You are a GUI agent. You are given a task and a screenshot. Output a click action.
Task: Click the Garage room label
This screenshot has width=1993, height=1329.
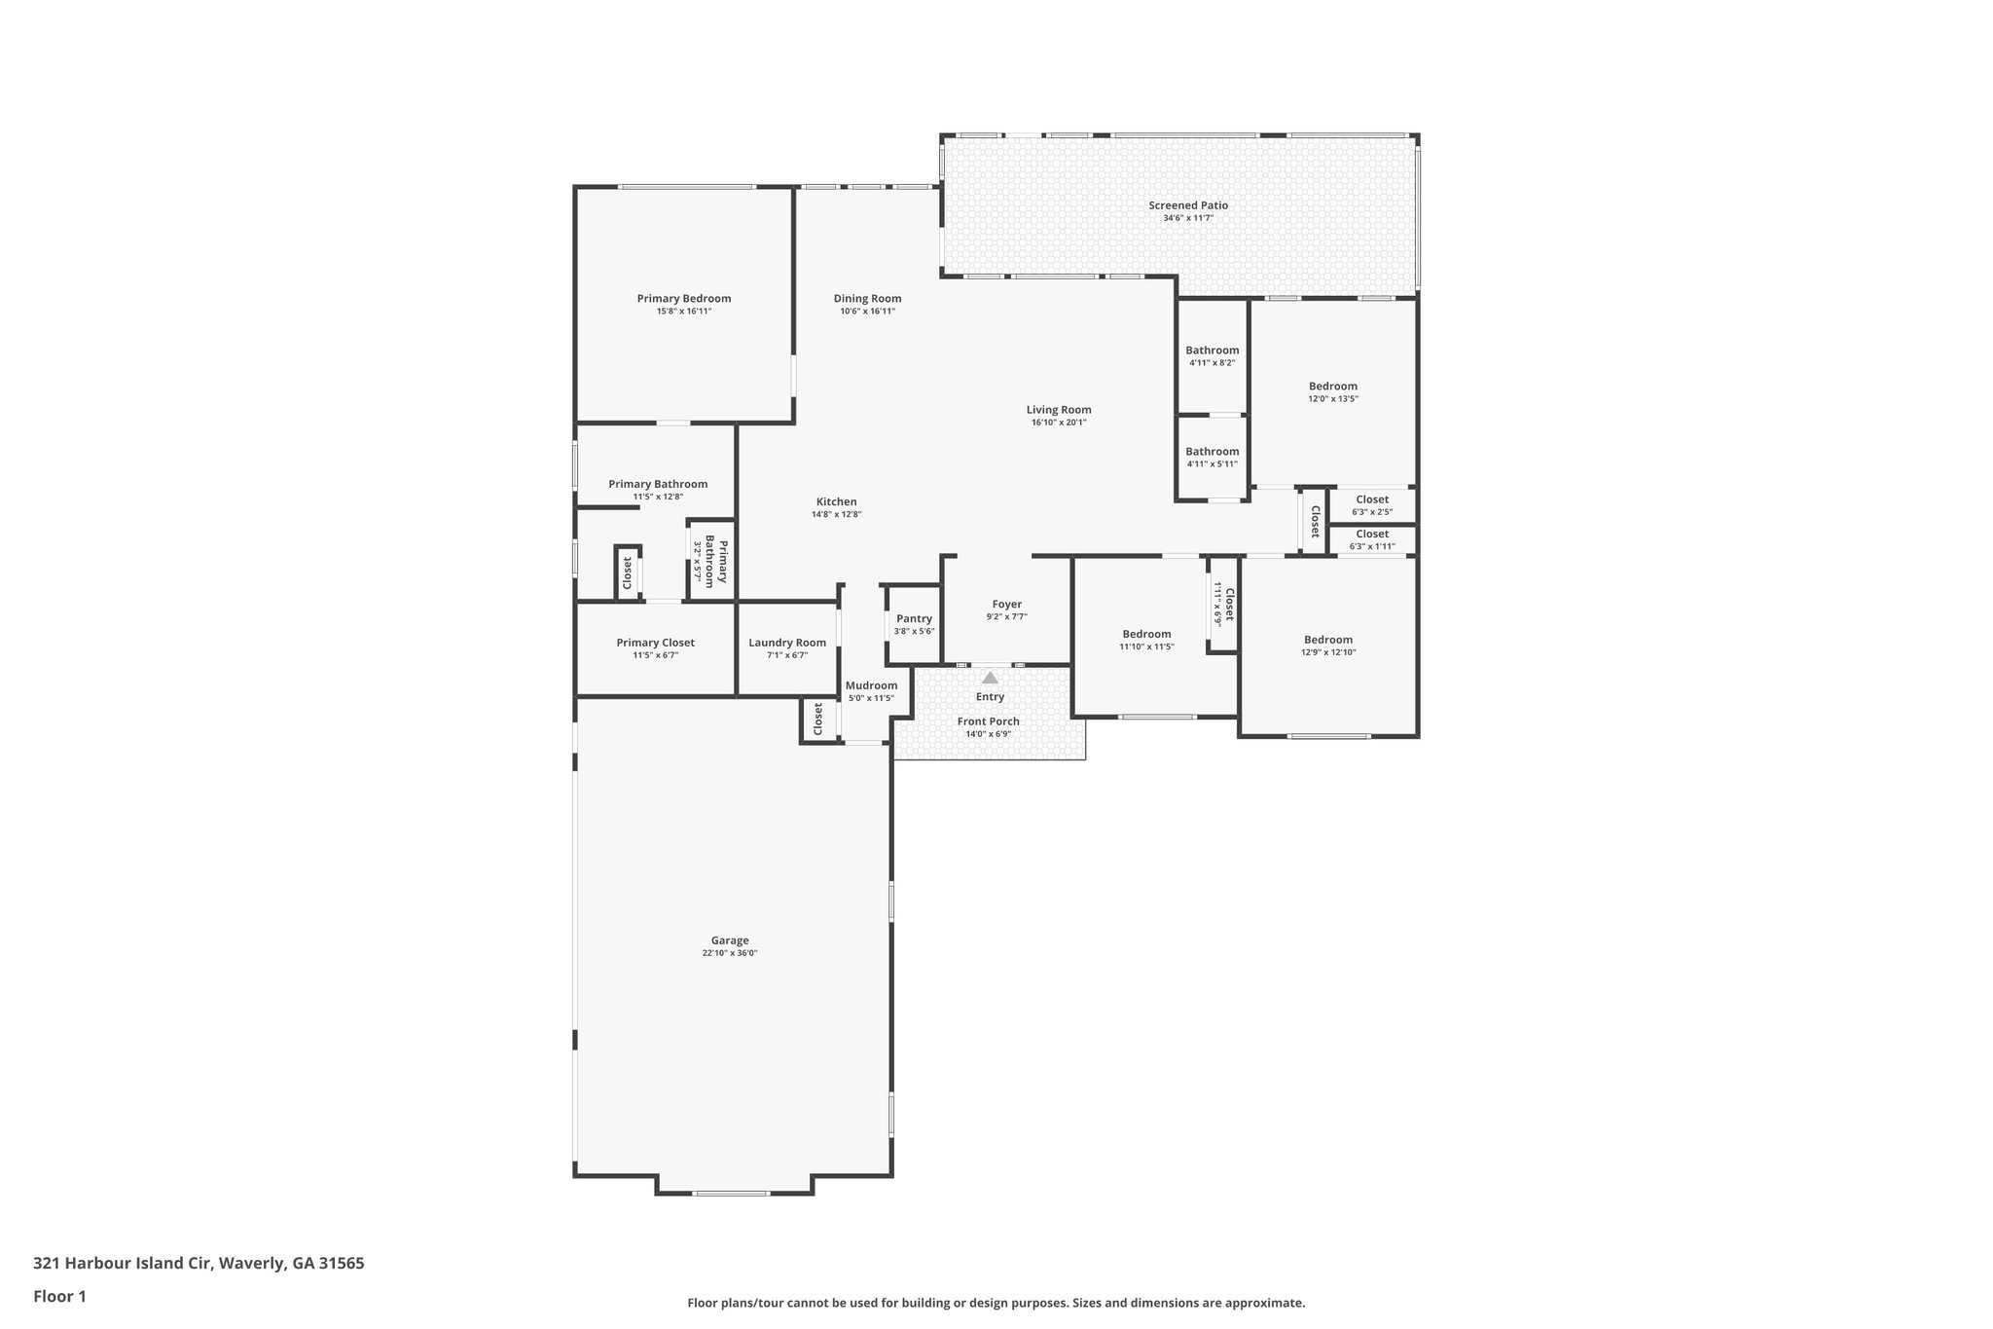pos(730,941)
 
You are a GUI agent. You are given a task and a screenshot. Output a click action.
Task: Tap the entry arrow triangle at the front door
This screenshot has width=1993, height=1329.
pos(990,678)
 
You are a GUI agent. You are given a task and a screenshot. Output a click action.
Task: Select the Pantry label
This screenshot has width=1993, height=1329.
pos(914,618)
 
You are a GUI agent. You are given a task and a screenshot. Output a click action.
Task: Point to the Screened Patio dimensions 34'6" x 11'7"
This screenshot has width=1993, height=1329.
pos(1187,218)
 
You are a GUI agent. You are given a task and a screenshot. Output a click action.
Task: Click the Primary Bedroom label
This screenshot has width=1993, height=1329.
pos(683,299)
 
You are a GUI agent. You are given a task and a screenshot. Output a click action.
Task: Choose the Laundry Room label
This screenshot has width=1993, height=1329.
pos(786,643)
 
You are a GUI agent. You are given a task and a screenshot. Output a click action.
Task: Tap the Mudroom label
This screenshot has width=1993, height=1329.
pos(871,685)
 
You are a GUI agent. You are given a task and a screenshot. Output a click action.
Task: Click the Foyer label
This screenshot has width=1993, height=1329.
pos(1006,605)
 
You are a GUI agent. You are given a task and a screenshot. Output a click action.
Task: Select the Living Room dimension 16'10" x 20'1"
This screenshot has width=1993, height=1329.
pos(1058,423)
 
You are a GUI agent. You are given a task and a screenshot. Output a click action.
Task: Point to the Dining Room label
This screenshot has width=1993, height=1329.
pos(867,299)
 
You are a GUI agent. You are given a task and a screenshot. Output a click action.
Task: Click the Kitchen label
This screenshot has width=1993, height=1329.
pos(836,502)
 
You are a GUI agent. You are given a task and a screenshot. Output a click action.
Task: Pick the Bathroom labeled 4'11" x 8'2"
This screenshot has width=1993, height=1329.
pos(1212,351)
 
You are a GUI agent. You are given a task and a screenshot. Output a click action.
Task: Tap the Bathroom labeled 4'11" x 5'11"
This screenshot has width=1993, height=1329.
pos(1212,452)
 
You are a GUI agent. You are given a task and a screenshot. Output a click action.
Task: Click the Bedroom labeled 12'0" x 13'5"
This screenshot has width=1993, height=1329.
pos(1332,387)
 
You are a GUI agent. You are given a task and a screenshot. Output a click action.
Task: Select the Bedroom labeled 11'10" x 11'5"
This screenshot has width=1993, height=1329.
pos(1146,635)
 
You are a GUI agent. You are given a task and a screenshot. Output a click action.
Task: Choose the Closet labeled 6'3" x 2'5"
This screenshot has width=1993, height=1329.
pos(1372,499)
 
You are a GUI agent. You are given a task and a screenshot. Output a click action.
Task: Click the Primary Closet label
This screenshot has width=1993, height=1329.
pos(655,643)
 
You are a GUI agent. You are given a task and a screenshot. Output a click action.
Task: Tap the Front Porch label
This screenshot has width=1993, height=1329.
pos(988,721)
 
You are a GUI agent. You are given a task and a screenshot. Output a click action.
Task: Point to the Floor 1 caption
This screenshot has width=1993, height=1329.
pos(59,1296)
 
